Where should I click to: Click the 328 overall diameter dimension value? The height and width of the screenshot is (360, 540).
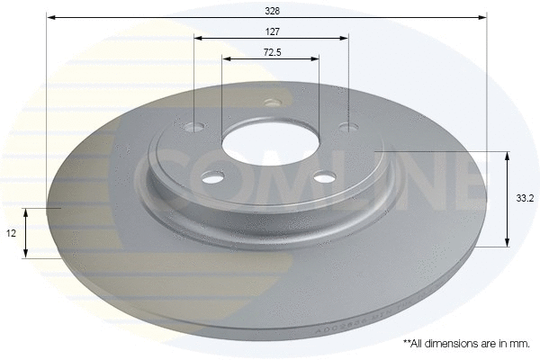click(x=270, y=10)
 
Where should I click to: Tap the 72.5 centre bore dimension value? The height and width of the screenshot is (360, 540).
click(x=270, y=51)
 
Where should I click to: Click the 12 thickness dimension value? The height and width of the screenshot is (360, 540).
click(x=12, y=233)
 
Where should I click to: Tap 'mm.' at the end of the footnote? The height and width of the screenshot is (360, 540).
click(x=517, y=344)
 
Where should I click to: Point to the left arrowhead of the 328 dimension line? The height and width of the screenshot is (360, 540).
click(x=50, y=17)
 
